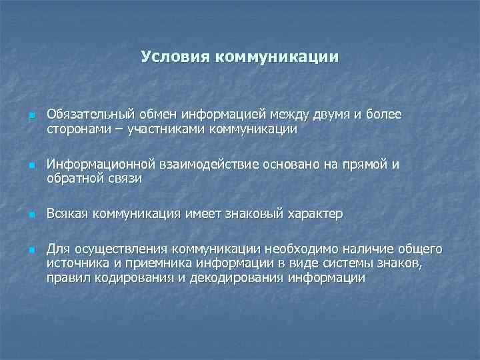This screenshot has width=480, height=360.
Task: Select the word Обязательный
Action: (x=91, y=115)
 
